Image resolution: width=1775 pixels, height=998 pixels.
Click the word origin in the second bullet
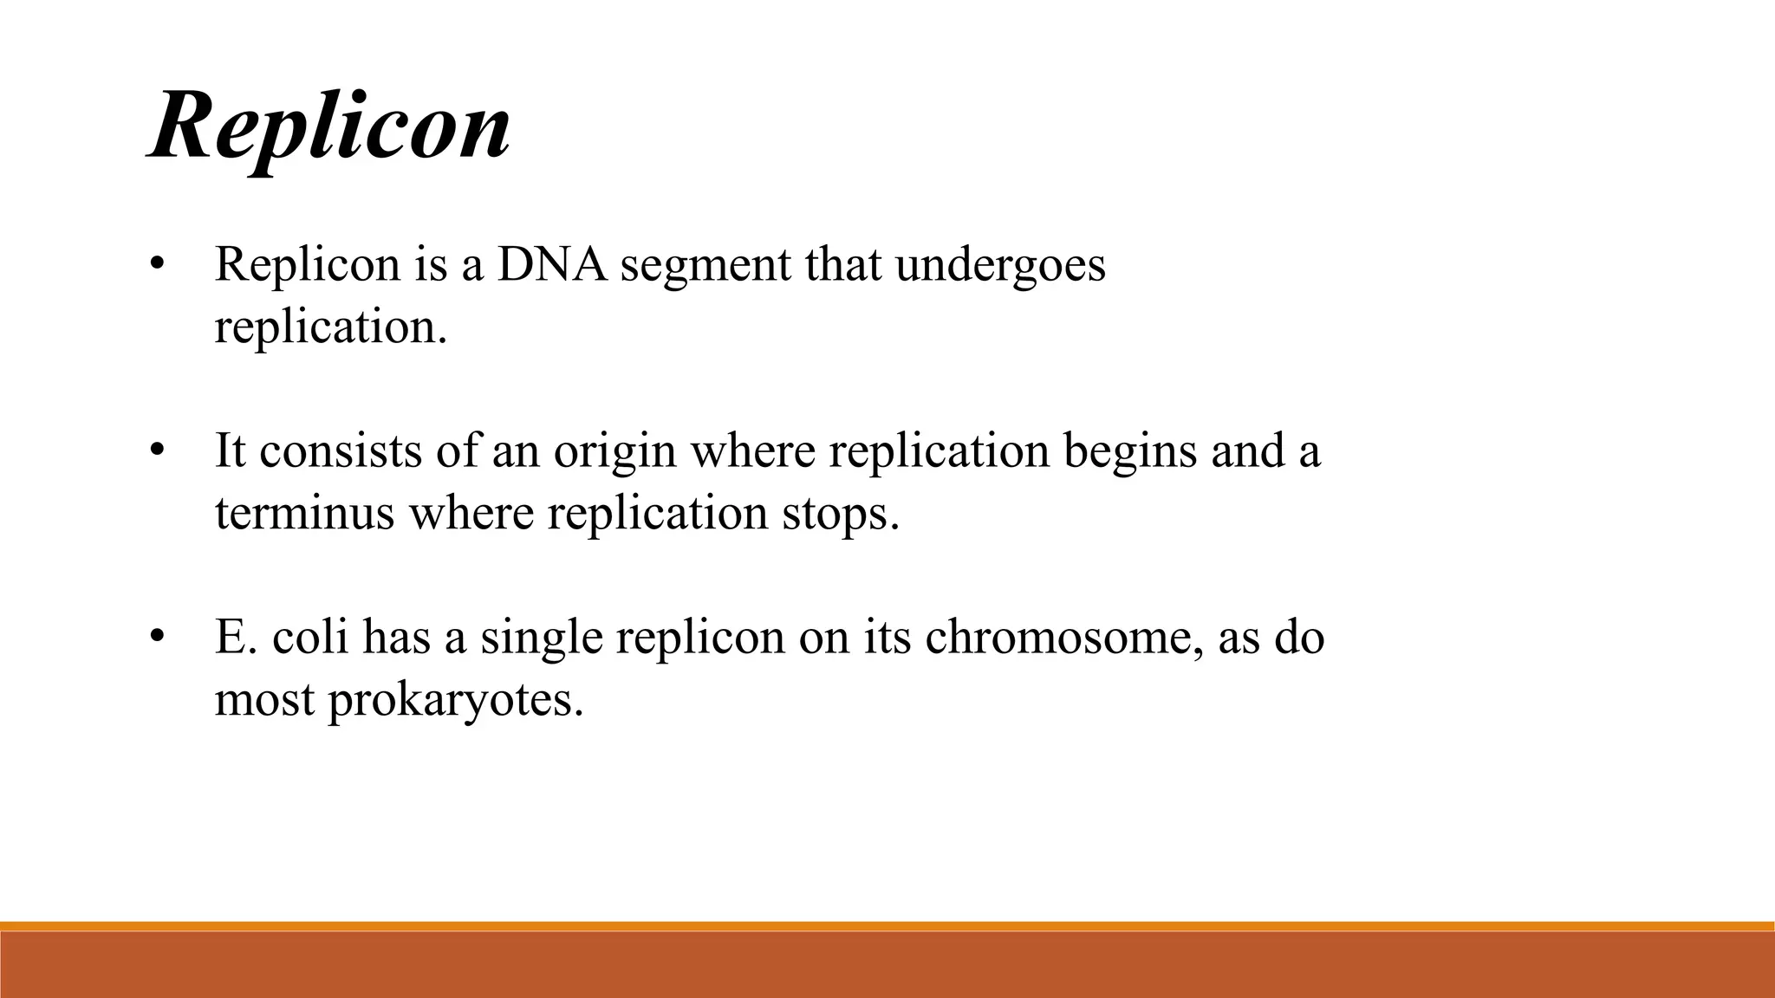click(614, 452)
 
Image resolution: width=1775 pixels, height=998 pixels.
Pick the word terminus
click(304, 513)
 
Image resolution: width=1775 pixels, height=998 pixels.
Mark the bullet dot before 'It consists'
click(156, 451)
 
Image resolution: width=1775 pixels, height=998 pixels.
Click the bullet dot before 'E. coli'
click(156, 638)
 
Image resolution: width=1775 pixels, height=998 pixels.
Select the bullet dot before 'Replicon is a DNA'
click(156, 264)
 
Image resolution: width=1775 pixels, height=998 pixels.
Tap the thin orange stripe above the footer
click(887, 926)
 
